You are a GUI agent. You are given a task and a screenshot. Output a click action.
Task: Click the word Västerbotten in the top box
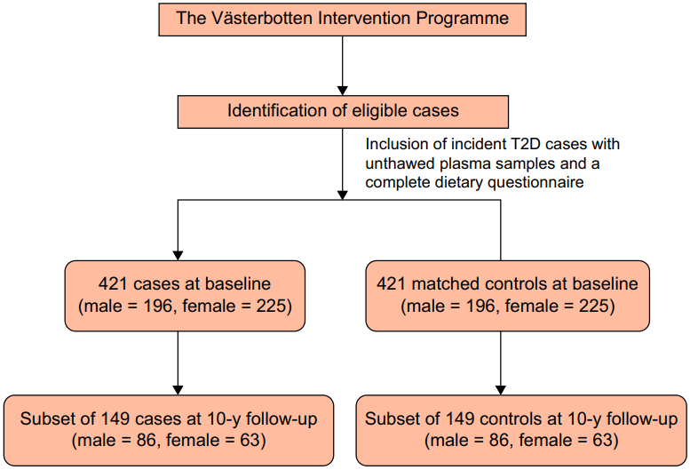tap(262, 18)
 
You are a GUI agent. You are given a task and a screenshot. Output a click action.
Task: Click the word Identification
tap(277, 110)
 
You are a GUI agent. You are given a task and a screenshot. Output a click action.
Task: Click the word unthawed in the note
tap(400, 163)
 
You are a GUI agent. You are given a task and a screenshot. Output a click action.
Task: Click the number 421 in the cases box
tap(113, 283)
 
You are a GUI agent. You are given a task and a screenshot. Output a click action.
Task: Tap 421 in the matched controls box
tap(392, 283)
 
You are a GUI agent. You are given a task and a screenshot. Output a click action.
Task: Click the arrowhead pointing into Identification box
tap(343, 91)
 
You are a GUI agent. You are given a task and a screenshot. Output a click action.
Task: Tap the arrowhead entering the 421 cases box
tap(178, 256)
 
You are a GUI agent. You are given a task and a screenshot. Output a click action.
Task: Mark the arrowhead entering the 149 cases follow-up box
tap(178, 390)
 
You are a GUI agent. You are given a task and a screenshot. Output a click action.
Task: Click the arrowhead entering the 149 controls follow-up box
tap(500, 390)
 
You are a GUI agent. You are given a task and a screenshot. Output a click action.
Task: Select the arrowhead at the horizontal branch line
tap(343, 195)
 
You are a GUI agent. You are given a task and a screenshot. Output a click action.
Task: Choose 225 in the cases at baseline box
tap(271, 306)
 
